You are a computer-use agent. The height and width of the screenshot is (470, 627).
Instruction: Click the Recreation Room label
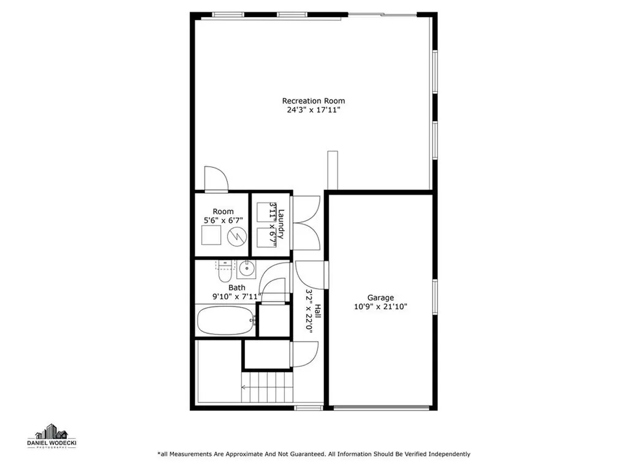click(313, 101)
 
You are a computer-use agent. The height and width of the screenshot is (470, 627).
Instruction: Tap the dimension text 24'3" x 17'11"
click(313, 111)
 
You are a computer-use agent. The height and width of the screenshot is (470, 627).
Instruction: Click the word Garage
click(380, 298)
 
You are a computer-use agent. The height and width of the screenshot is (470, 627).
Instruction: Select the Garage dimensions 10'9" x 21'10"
click(380, 307)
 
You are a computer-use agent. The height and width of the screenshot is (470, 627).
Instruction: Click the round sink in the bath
click(246, 268)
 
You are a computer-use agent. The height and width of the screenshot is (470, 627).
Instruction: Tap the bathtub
click(225, 320)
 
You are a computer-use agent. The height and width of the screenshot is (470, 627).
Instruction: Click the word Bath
click(237, 288)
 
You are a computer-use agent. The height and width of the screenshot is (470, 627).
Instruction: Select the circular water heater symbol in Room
click(237, 236)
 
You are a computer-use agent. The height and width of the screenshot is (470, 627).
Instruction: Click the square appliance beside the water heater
click(212, 236)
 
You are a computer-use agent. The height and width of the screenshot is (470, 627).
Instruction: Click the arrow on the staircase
click(246, 387)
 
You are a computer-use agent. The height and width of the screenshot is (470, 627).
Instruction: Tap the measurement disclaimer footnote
click(313, 454)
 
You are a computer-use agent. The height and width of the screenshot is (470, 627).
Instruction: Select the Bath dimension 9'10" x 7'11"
click(237, 297)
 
